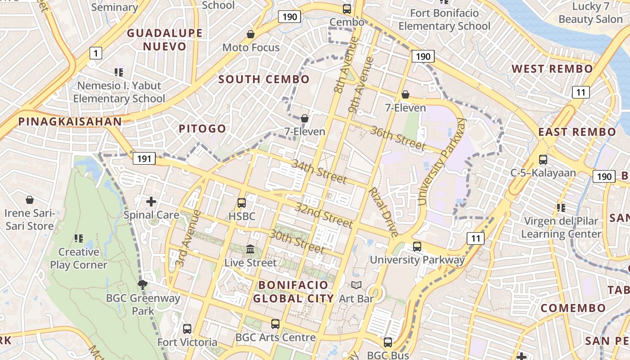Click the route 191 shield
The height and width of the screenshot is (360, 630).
[x=144, y=158]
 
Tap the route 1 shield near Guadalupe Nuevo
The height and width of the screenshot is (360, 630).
[x=95, y=54]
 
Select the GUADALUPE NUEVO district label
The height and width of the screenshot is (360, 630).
[x=164, y=40]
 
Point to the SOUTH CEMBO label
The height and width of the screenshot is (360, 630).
[x=264, y=80]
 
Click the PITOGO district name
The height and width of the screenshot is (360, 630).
[x=202, y=129]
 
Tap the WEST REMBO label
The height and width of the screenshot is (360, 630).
[x=552, y=69]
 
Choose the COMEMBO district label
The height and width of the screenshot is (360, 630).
[x=573, y=308]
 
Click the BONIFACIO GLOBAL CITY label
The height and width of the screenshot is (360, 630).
[x=293, y=292]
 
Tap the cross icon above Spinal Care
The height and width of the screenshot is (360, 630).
[x=151, y=201]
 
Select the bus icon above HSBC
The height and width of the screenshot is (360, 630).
[x=242, y=203]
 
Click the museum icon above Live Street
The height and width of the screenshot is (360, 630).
[x=250, y=249]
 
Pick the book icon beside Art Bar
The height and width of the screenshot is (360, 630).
[x=356, y=285]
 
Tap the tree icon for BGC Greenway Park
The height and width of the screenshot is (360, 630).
[x=143, y=284]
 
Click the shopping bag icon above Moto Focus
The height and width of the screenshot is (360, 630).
[x=251, y=34]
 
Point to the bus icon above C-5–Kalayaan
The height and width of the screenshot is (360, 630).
[x=543, y=159]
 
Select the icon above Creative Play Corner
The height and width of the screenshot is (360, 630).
[x=79, y=238]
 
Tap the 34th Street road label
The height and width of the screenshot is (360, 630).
[x=319, y=171]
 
